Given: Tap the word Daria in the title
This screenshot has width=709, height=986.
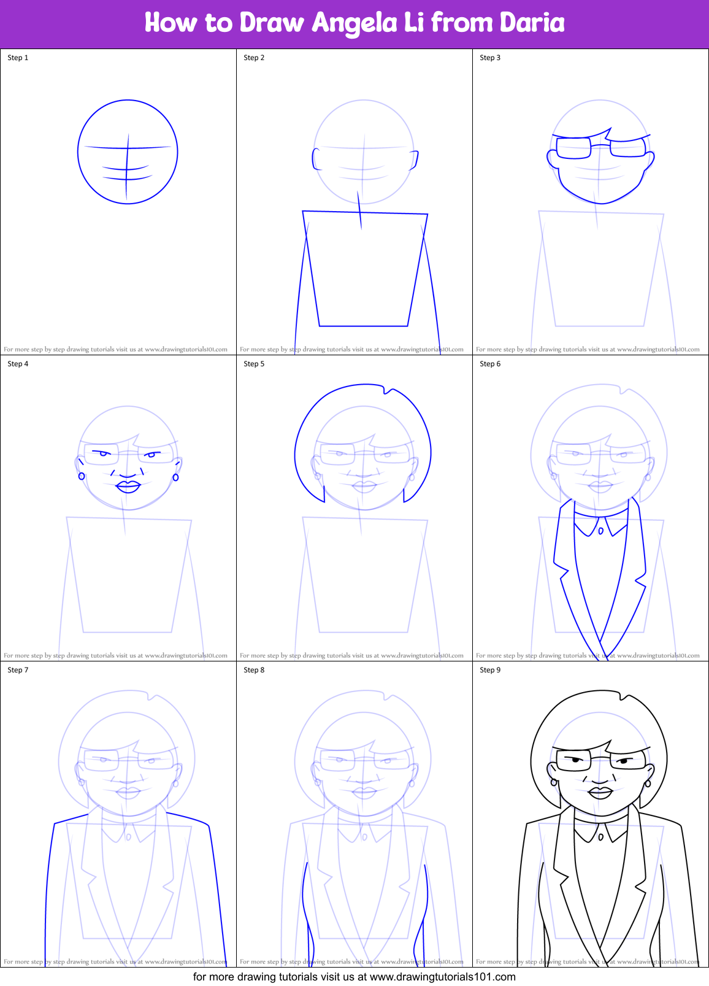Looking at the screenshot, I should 532,23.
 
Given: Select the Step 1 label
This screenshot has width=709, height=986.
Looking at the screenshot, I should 18,58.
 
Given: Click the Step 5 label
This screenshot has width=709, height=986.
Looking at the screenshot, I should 254,364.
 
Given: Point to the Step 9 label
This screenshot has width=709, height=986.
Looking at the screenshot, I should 490,670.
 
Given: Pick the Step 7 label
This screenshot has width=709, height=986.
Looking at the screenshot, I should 18,670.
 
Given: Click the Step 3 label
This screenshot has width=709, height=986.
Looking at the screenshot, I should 490,58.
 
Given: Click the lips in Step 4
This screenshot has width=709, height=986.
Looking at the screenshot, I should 128,486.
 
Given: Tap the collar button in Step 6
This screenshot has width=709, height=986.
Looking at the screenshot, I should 600,531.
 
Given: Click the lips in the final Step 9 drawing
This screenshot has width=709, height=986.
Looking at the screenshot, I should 600,792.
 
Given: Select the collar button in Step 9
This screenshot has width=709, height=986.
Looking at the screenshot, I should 600,837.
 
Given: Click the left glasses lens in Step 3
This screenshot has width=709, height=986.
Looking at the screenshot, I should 573,148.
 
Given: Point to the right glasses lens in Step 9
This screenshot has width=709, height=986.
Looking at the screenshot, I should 628,761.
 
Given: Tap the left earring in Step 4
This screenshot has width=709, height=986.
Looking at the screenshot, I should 82,476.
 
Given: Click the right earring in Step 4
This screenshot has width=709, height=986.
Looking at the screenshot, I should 175,477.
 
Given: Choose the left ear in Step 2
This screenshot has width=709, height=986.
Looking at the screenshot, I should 316,159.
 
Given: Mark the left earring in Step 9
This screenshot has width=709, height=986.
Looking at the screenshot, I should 554,782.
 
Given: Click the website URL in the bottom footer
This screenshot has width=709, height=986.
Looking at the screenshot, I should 442,977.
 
